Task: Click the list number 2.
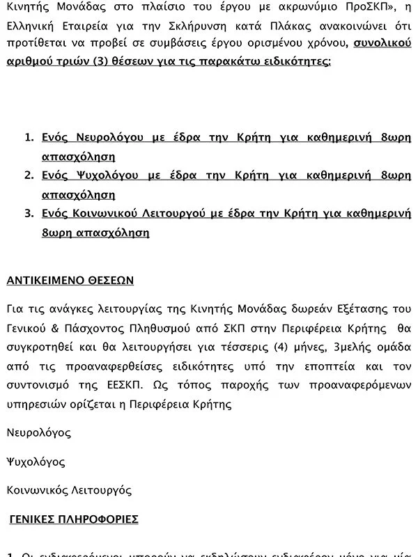29,175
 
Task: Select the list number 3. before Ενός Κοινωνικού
29,214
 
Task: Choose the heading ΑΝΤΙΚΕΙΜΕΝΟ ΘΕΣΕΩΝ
70,281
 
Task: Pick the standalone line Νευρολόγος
38,432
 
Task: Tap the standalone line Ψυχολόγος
36,462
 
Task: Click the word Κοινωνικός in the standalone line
35,490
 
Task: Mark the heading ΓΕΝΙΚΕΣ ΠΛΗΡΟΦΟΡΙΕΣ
74,519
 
